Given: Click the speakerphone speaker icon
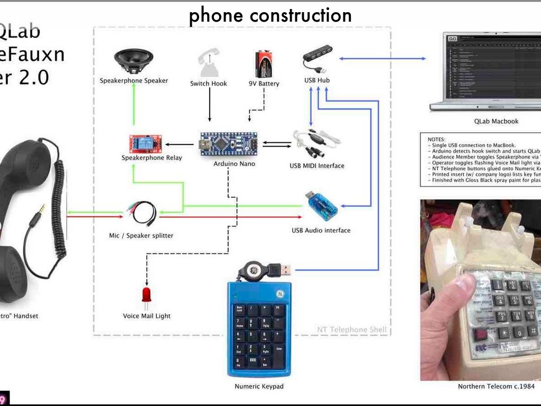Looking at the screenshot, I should (134, 61).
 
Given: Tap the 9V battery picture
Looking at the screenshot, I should (264, 64).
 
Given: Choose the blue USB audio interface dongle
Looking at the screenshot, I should (321, 208).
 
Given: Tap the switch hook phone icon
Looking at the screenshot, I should (209, 63).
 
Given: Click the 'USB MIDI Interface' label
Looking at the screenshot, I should (316, 166).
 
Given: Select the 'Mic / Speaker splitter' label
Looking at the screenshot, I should (141, 235).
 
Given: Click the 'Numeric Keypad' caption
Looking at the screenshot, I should (259, 386).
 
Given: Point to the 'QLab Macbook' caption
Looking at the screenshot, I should (496, 121).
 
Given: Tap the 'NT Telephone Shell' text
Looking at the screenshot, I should (352, 330).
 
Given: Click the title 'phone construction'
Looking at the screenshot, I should (270, 16).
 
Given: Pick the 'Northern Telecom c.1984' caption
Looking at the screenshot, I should (496, 386).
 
